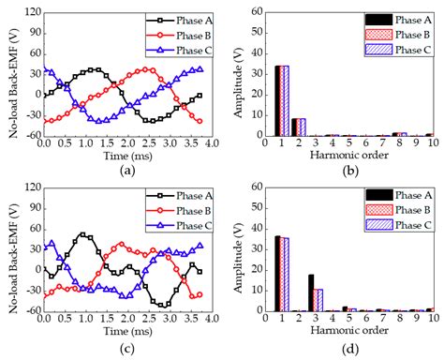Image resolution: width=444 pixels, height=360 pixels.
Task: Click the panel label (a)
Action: tap(124, 172)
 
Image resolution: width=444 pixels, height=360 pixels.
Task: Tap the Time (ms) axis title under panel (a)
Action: tap(124, 157)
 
